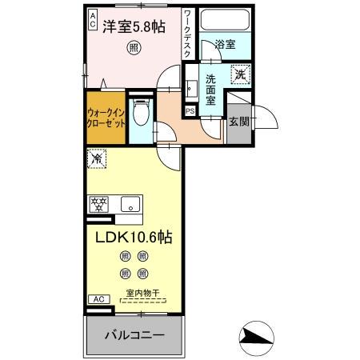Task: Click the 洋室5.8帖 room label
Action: pos(134,26)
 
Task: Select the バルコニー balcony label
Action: pos(134,334)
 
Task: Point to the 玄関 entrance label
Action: pos(238,122)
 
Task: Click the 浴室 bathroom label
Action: pos(225,45)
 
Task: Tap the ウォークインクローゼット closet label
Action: pos(105,119)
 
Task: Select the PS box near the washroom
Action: pos(190,110)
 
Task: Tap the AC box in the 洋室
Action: pos(92,18)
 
